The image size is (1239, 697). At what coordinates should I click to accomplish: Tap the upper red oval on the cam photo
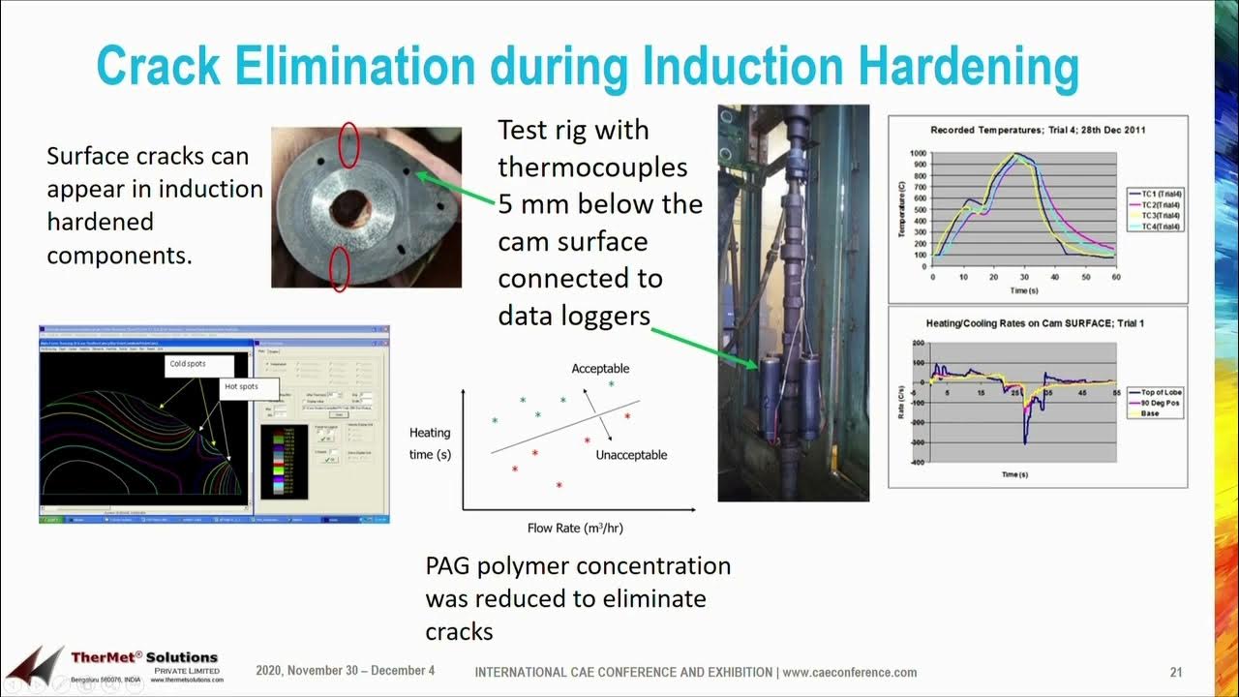(349, 145)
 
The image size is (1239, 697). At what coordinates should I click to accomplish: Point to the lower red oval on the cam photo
(339, 268)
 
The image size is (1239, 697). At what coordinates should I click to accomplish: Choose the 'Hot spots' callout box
(242, 386)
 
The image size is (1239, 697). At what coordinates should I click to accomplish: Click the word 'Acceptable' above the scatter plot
(600, 369)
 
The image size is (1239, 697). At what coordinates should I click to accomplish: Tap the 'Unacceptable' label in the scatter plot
(631, 455)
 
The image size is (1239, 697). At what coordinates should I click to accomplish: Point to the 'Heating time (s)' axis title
(430, 443)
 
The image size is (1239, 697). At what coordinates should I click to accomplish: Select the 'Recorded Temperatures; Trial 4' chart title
(1038, 130)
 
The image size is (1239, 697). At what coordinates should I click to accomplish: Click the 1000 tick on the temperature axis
(917, 153)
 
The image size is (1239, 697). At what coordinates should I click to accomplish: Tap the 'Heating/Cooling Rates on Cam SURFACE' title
(1038, 322)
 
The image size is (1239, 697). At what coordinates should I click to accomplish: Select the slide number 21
(1176, 672)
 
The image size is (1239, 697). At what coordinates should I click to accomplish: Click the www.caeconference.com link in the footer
(849, 672)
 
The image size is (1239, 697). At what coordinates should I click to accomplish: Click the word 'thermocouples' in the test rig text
(592, 167)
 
